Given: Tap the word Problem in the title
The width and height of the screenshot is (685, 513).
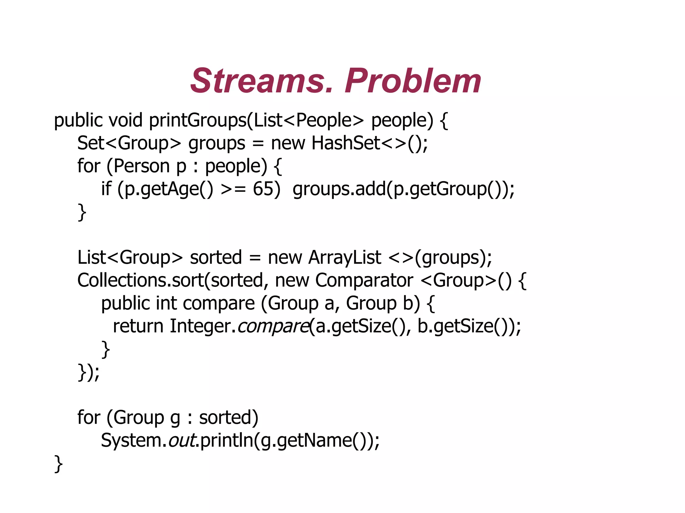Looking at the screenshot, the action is pos(413,81).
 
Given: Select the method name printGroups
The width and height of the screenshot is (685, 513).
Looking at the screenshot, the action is pos(198,120).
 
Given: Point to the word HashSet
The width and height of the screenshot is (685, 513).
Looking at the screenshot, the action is pos(346,143).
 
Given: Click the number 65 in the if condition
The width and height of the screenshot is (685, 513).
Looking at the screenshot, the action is pos(263,189).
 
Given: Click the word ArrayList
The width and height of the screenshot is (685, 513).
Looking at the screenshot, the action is pos(345,257).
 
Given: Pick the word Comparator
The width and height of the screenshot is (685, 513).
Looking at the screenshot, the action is pos(364,280).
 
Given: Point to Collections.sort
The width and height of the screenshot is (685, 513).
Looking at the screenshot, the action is pos(140,280).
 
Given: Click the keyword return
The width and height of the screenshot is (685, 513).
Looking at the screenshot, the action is pos(138,326).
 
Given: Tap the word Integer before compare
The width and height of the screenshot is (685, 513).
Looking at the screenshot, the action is pos(200,326).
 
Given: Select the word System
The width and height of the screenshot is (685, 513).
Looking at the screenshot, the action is pos(131,440).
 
